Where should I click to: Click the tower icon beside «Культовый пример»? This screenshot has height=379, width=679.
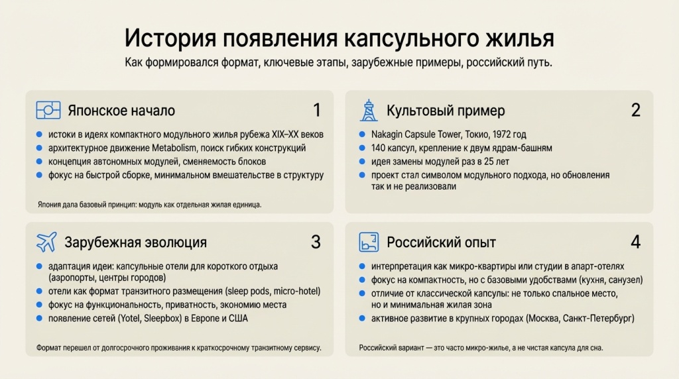tap(369, 110)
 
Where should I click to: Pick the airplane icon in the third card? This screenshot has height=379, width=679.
tap(46, 242)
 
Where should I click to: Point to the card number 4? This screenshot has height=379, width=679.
tap(635, 242)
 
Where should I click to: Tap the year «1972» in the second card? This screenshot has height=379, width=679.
tap(503, 135)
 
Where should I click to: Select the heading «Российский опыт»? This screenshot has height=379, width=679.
tap(441, 242)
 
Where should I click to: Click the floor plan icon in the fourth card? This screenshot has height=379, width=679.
tap(369, 242)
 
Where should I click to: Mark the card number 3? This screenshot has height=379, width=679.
tap(316, 242)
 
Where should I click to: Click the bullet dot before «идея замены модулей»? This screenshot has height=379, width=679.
tap(362, 162)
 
